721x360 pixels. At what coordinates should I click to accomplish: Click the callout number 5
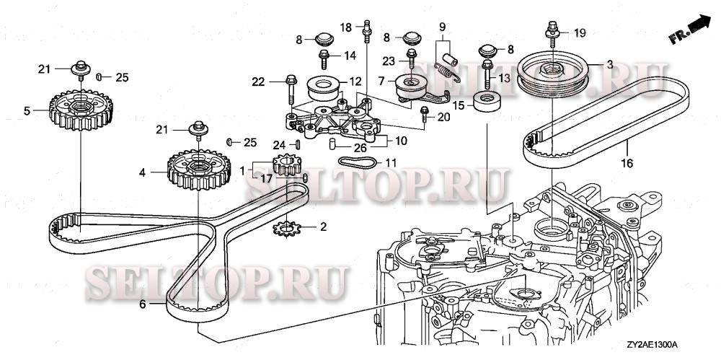click(x=27, y=111)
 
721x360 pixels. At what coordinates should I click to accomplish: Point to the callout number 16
click(x=627, y=164)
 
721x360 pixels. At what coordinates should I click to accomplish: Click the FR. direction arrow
click(x=689, y=30)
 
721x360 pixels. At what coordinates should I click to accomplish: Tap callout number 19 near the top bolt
click(x=580, y=32)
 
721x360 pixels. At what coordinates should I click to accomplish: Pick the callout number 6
click(x=143, y=304)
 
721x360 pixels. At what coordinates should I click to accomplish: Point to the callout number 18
click(x=346, y=27)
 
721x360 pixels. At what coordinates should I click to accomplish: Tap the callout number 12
click(x=355, y=81)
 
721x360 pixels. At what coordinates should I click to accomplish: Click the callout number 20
click(x=443, y=116)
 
